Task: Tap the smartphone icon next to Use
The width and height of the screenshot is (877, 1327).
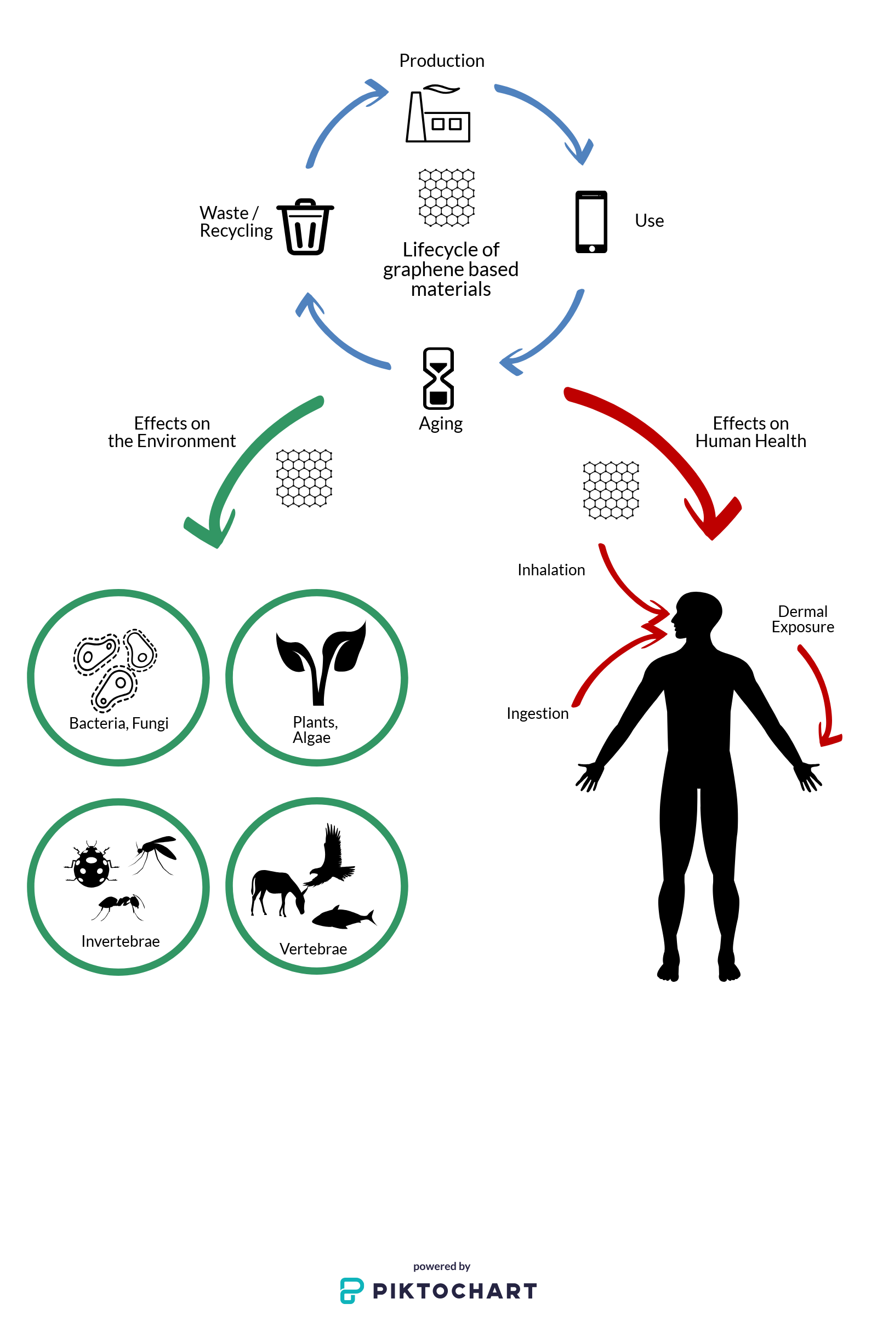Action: pos(591,221)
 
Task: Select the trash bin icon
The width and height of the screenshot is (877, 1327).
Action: pos(305,226)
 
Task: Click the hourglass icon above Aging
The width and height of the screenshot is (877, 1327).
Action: pos(438,378)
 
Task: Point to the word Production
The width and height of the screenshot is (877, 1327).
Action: pos(441,60)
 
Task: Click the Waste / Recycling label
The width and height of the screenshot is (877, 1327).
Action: pos(236,221)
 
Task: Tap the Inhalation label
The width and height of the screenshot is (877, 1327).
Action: pos(551,570)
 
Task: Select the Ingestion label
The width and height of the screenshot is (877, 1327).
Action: pos(537,713)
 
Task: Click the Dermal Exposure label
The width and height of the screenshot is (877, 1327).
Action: pos(802,619)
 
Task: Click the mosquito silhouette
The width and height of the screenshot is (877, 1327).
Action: pos(155,853)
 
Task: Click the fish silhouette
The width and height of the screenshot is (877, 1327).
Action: pos(342,917)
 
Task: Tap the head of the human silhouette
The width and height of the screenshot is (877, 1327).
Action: pos(696,614)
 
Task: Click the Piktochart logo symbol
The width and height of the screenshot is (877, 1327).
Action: pos(352,1291)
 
